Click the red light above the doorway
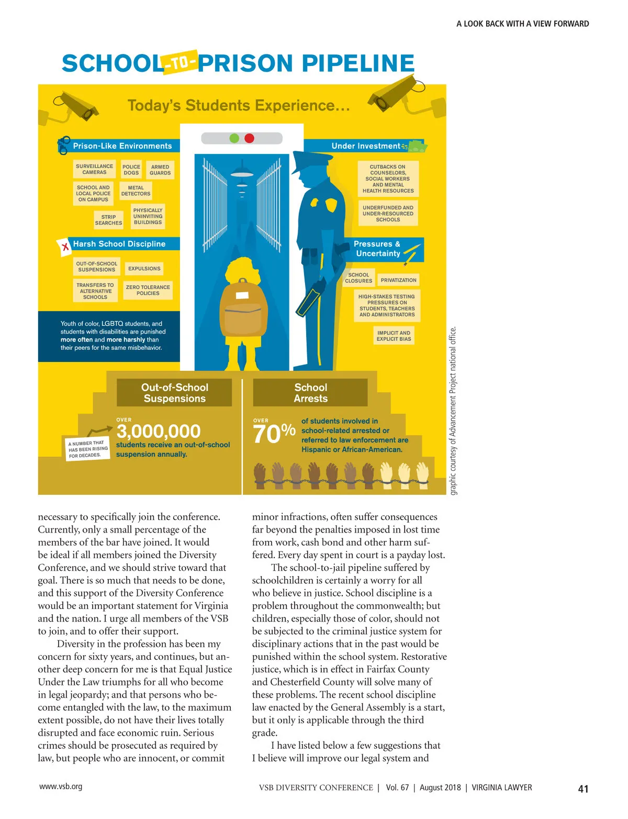[x=249, y=138]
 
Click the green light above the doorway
[x=234, y=138]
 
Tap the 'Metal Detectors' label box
[x=136, y=191]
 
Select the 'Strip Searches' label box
[x=108, y=220]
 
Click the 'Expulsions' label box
[x=144, y=269]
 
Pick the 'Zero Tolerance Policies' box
[x=148, y=290]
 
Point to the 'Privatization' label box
[x=398, y=280]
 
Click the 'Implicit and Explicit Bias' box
[x=394, y=336]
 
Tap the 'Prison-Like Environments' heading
[x=122, y=146]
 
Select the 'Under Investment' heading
[x=366, y=146]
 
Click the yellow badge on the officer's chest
[x=315, y=203]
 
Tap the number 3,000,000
[x=158, y=431]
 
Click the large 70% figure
[x=274, y=434]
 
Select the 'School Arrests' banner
[x=310, y=393]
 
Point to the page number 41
[x=583, y=789]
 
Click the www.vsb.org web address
[x=61, y=786]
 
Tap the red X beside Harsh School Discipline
[x=65, y=246]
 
